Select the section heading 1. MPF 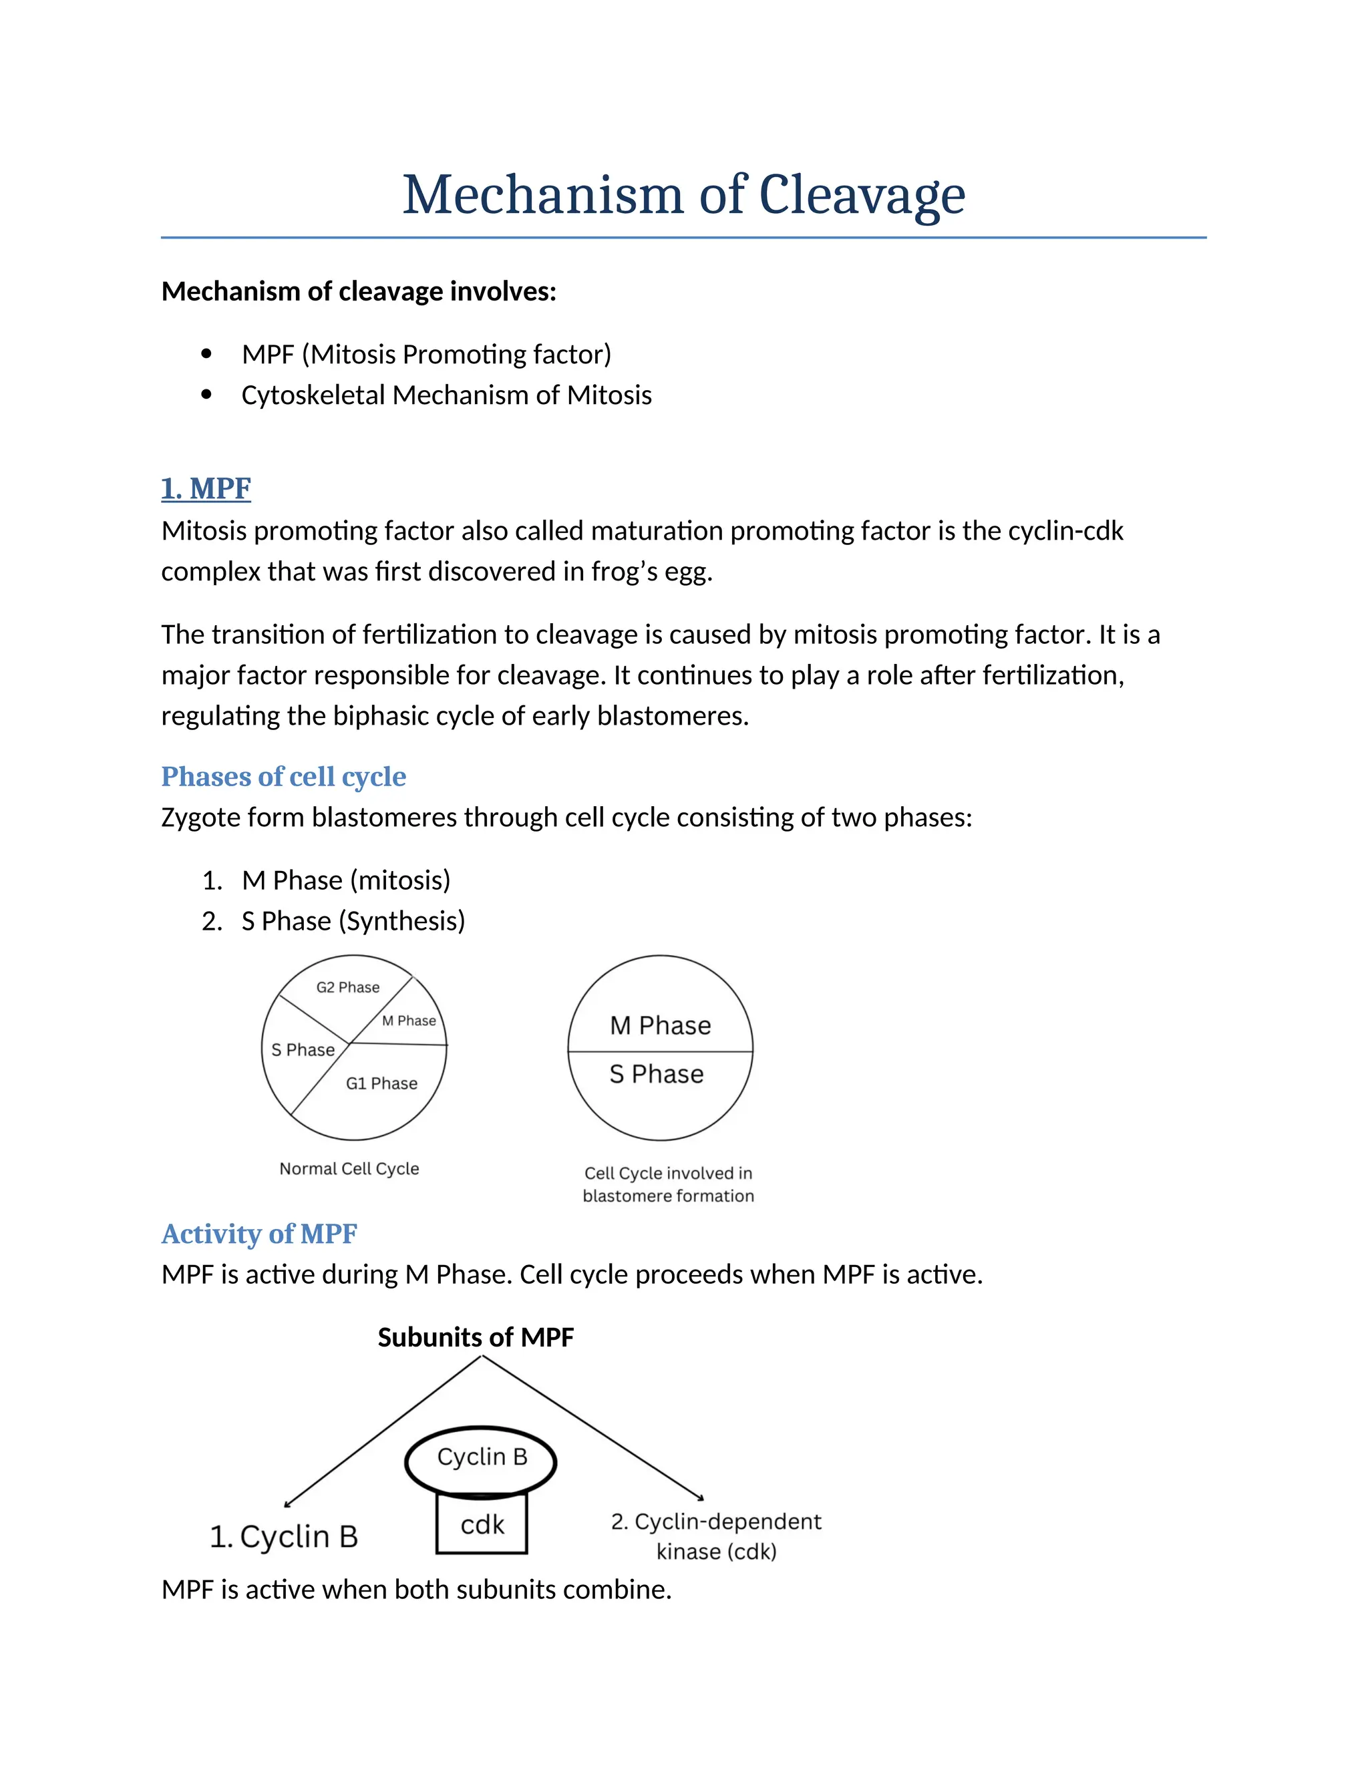[206, 489]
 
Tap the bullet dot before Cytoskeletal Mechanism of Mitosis [206, 395]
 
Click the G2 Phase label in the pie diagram [347, 987]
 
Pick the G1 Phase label [381, 1083]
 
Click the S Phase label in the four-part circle [303, 1051]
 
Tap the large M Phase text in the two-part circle [661, 1026]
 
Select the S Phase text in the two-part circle [657, 1075]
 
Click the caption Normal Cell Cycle [349, 1169]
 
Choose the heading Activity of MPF [259, 1234]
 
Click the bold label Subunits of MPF [476, 1337]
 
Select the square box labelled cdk [482, 1524]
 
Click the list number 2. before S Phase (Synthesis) [212, 922]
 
